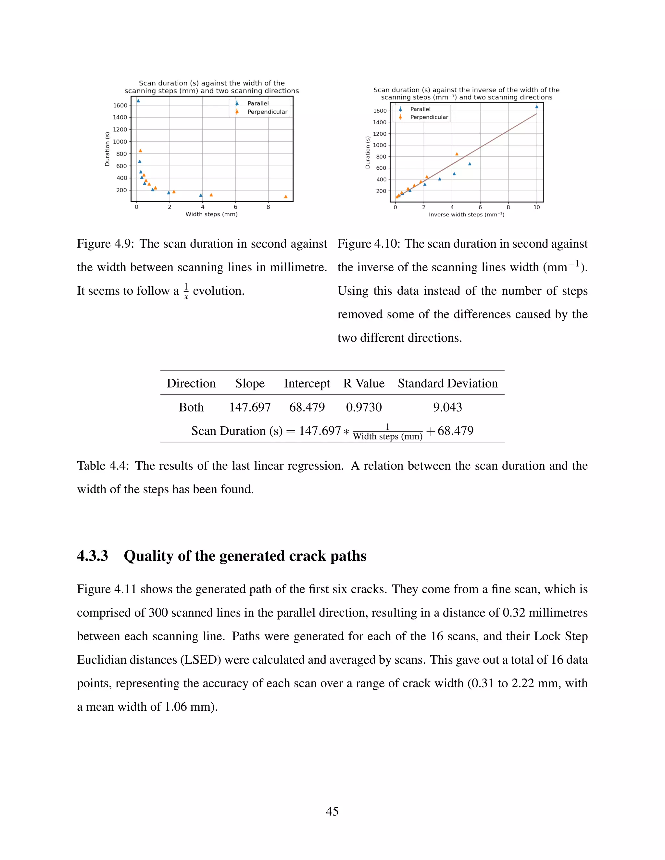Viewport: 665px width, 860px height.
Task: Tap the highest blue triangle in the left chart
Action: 138,101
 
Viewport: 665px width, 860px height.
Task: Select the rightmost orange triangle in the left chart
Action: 286,196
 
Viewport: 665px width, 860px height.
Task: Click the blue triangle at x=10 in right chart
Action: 536,107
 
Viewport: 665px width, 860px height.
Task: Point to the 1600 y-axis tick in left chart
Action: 120,105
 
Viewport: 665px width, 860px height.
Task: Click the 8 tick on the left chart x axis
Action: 268,207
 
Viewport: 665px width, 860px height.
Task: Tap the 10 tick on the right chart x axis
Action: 536,207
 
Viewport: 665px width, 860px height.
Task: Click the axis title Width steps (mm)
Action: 212,214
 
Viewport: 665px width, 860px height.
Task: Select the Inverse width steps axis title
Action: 467,215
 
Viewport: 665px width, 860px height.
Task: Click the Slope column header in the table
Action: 250,383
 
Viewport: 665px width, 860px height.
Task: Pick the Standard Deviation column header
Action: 447,383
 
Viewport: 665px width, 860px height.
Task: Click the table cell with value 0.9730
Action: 364,407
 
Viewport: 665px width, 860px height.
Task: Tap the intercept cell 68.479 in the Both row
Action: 307,407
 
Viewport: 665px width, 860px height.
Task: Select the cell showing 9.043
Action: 447,407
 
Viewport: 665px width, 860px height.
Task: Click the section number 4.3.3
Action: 93,556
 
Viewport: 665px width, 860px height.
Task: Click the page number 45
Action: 332,811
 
